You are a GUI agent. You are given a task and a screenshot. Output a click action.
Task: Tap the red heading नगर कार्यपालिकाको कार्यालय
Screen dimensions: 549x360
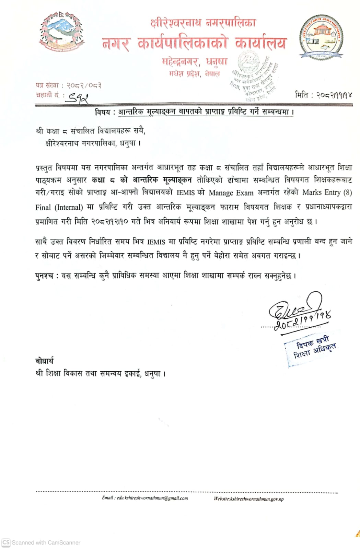click(194, 44)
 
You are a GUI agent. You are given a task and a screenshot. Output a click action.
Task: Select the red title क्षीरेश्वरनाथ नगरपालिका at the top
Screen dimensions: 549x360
click(203, 23)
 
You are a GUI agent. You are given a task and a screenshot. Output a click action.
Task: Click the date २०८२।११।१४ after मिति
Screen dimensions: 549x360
click(334, 95)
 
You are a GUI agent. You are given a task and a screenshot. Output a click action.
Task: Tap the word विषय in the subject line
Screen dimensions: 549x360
click(102, 112)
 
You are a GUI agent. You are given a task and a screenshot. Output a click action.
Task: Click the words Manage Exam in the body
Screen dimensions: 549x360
click(231, 192)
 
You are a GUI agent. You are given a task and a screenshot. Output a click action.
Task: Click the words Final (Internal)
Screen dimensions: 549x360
click(59, 207)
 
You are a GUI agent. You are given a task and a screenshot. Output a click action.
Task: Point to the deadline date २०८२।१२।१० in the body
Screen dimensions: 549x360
click(109, 222)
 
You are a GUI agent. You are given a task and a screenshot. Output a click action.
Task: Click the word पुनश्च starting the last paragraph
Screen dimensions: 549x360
click(44, 276)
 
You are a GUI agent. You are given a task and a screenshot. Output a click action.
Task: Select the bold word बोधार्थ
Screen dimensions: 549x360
click(44, 361)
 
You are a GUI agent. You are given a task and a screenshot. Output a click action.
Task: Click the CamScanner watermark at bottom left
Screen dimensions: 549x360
click(41, 542)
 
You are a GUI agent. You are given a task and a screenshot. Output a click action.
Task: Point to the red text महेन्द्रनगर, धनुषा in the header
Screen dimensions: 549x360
click(195, 62)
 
